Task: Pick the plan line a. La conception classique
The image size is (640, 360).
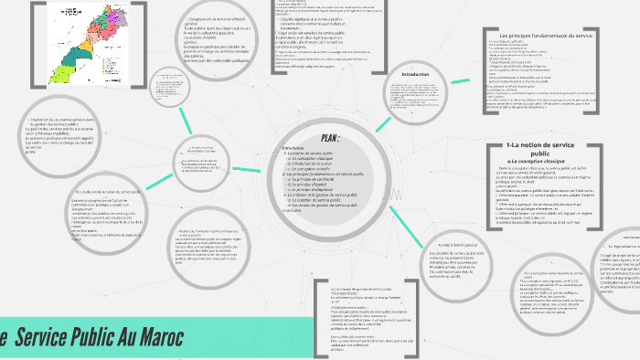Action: [x=316, y=157]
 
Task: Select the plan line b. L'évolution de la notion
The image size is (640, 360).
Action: [x=316, y=163]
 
